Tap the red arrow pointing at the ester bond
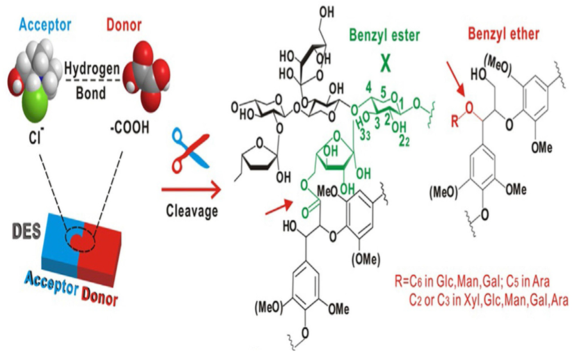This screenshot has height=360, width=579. pos(280,206)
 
